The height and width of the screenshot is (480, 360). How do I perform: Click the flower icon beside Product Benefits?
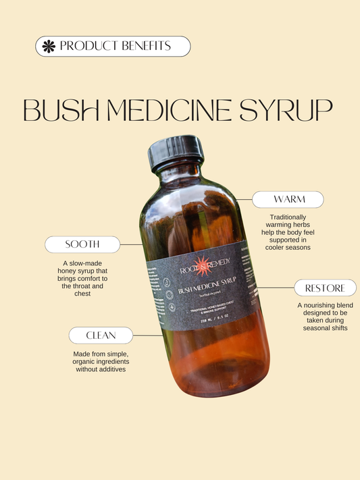coord(49,47)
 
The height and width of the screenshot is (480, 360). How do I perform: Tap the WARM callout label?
coord(288,200)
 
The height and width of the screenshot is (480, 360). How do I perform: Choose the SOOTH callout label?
coord(82,244)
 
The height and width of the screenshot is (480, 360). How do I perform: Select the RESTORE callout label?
coord(325,288)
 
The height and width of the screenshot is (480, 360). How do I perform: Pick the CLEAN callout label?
coord(100,335)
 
